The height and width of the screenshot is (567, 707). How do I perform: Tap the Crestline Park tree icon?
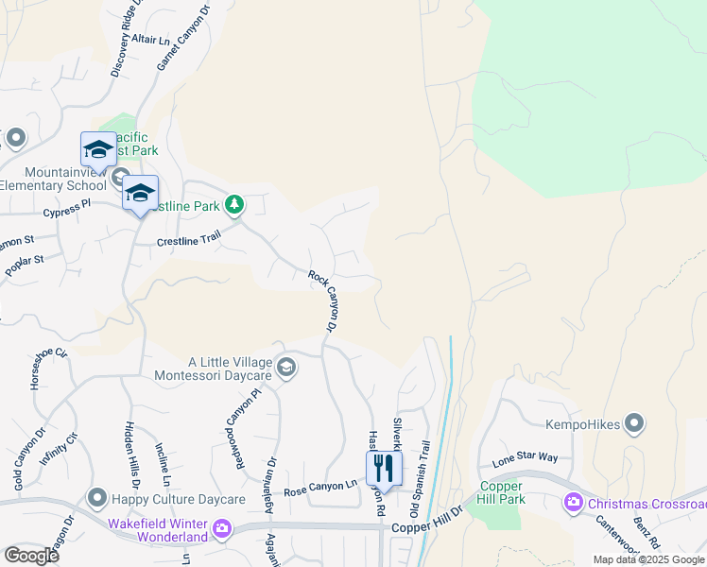(x=234, y=204)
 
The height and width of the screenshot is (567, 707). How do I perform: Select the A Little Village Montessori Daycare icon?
(x=286, y=366)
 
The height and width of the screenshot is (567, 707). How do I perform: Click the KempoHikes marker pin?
(x=635, y=424)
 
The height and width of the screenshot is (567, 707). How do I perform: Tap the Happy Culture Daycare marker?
(x=96, y=497)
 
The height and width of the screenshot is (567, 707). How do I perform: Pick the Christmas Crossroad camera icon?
(x=572, y=503)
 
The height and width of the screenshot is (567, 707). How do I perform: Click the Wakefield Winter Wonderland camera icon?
(x=222, y=527)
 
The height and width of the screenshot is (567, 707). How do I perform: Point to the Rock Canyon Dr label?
(x=323, y=301)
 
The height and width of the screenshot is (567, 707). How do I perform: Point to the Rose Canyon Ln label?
(x=320, y=489)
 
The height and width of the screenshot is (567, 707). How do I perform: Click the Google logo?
(x=31, y=555)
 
